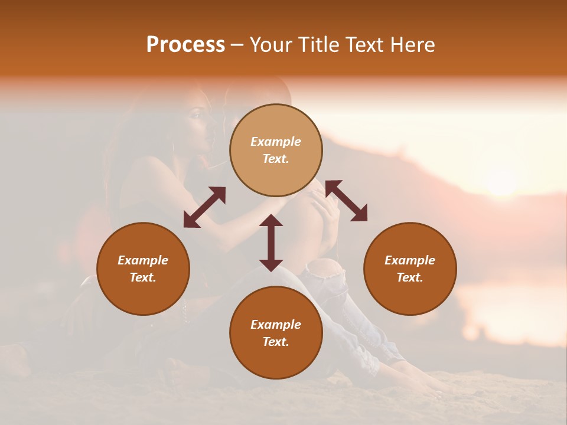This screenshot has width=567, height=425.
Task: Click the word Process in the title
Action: [x=185, y=45]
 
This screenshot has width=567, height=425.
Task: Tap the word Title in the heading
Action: [x=319, y=45]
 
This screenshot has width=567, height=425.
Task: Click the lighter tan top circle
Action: [x=276, y=150]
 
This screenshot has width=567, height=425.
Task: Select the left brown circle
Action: [x=143, y=269]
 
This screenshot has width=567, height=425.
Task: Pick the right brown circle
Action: [x=409, y=269]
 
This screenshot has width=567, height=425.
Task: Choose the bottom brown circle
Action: [x=276, y=333]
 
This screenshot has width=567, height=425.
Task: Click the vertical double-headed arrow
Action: [x=271, y=243]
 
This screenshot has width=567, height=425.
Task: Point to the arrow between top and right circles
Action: [x=346, y=201]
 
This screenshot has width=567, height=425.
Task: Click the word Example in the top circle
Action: [x=276, y=142]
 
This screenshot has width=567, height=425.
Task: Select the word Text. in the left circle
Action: [x=143, y=277]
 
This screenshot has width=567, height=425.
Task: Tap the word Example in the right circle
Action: [x=409, y=260]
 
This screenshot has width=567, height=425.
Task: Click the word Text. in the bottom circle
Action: [x=276, y=342]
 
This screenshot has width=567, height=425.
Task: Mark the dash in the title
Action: [x=237, y=45]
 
